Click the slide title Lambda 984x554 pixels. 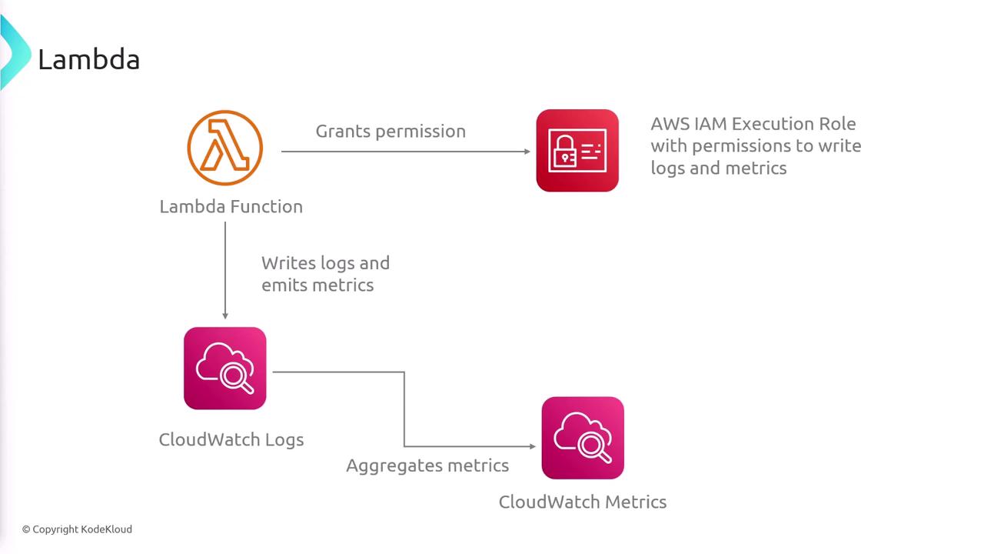point(88,59)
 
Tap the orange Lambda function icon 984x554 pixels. point(224,148)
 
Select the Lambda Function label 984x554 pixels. point(231,206)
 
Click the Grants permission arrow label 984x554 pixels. point(391,131)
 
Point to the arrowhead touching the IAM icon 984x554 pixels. point(527,152)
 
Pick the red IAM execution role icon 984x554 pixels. point(577,150)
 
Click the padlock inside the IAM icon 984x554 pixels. point(564,151)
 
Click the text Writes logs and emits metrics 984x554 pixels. point(325,274)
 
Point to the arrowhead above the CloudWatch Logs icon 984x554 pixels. point(225,315)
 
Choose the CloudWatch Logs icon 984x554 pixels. point(225,369)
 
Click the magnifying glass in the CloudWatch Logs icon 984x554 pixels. point(234,376)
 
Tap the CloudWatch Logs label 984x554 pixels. point(231,439)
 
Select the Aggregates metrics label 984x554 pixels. point(427,466)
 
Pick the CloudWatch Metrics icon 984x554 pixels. point(583,438)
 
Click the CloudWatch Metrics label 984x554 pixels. point(582,502)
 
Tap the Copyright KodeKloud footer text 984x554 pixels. point(77,529)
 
